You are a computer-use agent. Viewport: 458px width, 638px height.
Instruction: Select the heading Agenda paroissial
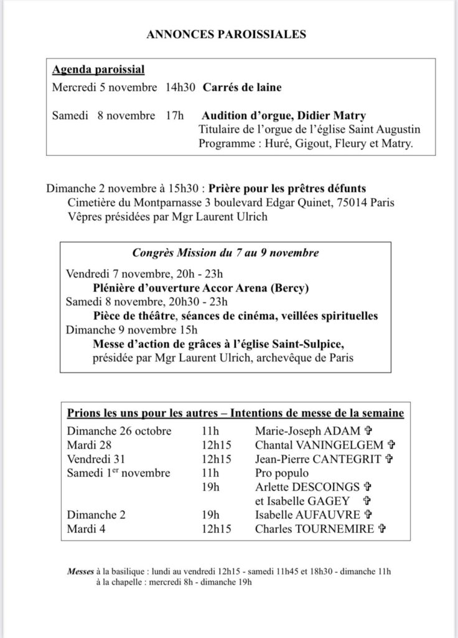(x=98, y=70)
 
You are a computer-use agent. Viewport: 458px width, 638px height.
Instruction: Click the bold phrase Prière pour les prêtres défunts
(x=287, y=188)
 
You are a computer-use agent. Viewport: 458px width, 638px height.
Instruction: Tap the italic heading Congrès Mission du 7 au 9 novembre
(x=226, y=253)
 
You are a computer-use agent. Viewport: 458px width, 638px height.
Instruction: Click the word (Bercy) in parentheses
(x=292, y=288)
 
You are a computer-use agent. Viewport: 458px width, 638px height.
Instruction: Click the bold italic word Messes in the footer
(x=81, y=571)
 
